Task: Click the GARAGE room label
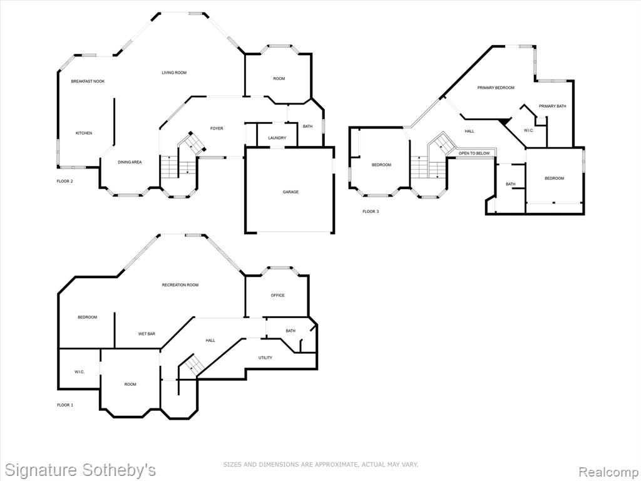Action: click(x=290, y=192)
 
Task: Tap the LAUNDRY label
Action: click(x=277, y=138)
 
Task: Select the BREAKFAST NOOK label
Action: click(x=88, y=81)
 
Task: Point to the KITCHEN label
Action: click(x=84, y=133)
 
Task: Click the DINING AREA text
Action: click(x=130, y=162)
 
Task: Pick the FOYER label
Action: click(x=217, y=128)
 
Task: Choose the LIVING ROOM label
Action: click(x=174, y=73)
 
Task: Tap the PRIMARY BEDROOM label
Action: click(x=496, y=88)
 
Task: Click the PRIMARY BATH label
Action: click(x=552, y=106)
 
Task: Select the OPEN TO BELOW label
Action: click(x=474, y=153)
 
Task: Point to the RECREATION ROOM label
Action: click(x=180, y=285)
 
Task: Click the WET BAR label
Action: click(x=146, y=334)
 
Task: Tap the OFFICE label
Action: click(x=277, y=296)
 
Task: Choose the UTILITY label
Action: click(x=265, y=358)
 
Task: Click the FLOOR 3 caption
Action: click(x=371, y=212)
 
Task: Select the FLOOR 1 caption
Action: click(x=65, y=405)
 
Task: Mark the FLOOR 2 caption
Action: click(x=64, y=181)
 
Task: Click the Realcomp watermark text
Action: click(x=607, y=471)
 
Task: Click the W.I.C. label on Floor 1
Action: click(x=79, y=372)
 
